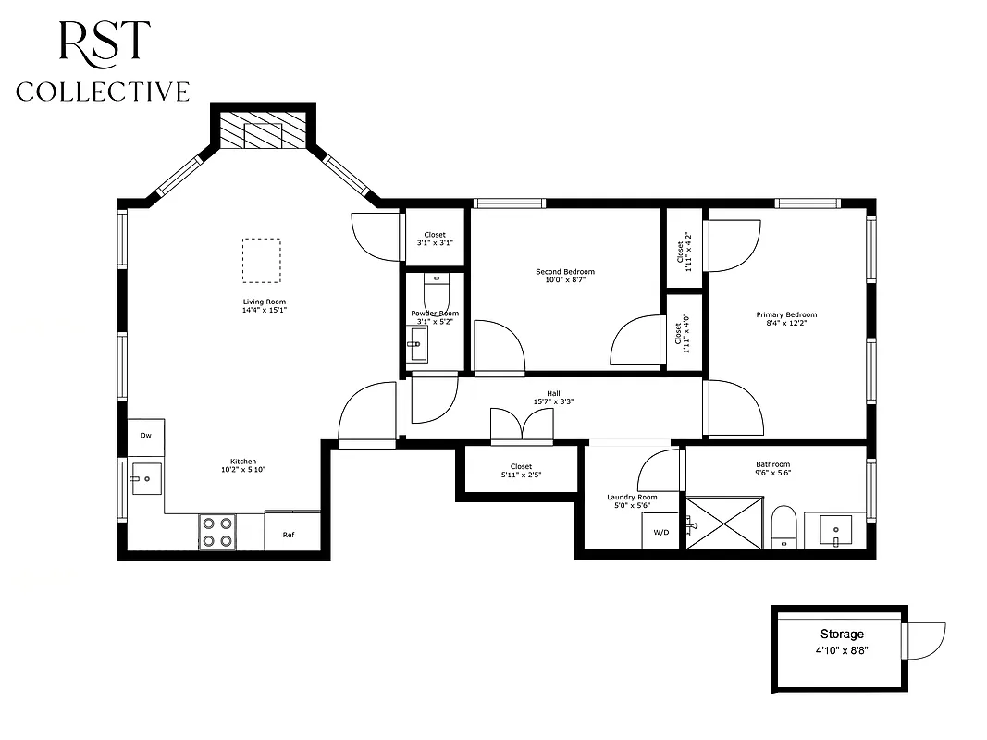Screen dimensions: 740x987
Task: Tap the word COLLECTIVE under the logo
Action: pos(103,92)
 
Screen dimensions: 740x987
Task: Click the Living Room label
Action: pos(264,302)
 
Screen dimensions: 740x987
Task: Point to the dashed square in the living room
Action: pos(261,261)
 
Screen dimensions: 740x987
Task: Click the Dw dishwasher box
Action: pos(146,436)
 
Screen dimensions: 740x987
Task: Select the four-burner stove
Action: pos(217,532)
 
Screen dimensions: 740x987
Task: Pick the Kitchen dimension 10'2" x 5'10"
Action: pos(244,470)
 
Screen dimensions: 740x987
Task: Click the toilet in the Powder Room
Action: pos(436,293)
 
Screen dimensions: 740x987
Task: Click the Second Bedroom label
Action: pos(565,272)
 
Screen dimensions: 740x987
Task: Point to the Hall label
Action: pos(554,392)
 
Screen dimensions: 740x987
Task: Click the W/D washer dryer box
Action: pos(661,533)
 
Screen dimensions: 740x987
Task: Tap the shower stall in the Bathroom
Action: pos(724,524)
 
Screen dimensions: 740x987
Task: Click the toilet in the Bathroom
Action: pos(784,526)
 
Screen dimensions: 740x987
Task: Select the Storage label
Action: pos(842,635)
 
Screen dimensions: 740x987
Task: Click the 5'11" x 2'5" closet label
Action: pos(521,475)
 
